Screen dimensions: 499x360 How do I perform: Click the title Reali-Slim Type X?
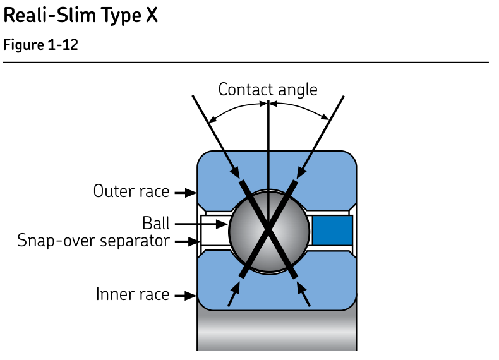click(80, 16)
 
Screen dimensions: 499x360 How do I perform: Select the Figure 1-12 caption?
click(40, 45)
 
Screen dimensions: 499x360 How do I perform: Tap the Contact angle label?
click(268, 90)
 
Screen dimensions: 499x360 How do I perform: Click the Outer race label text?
click(131, 191)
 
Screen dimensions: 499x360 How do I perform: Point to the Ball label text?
click(155, 223)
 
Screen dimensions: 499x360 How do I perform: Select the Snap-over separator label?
click(93, 241)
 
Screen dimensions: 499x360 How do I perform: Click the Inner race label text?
click(133, 294)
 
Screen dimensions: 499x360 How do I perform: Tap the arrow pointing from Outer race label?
click(186, 193)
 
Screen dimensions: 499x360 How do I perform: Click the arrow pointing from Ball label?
click(201, 224)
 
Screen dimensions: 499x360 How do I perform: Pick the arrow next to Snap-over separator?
click(188, 242)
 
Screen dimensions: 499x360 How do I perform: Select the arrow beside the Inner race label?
click(186, 296)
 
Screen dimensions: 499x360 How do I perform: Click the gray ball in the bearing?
click(269, 231)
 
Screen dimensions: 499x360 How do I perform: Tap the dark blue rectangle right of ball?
click(332, 231)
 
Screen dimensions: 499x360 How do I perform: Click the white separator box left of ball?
click(215, 231)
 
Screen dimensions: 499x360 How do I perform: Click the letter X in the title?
click(152, 15)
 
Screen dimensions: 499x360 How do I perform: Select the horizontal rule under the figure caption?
click(246, 62)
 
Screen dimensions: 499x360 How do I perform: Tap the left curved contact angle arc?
click(236, 107)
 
